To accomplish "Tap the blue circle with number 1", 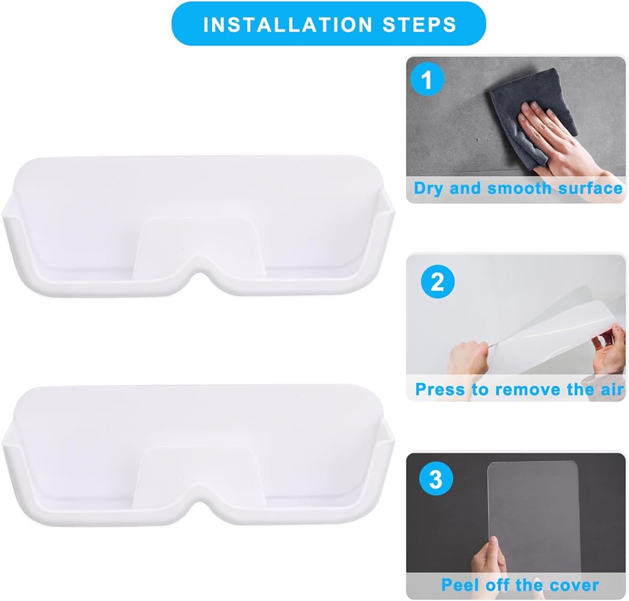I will click(x=428, y=80).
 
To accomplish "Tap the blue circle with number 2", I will click(x=438, y=281).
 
